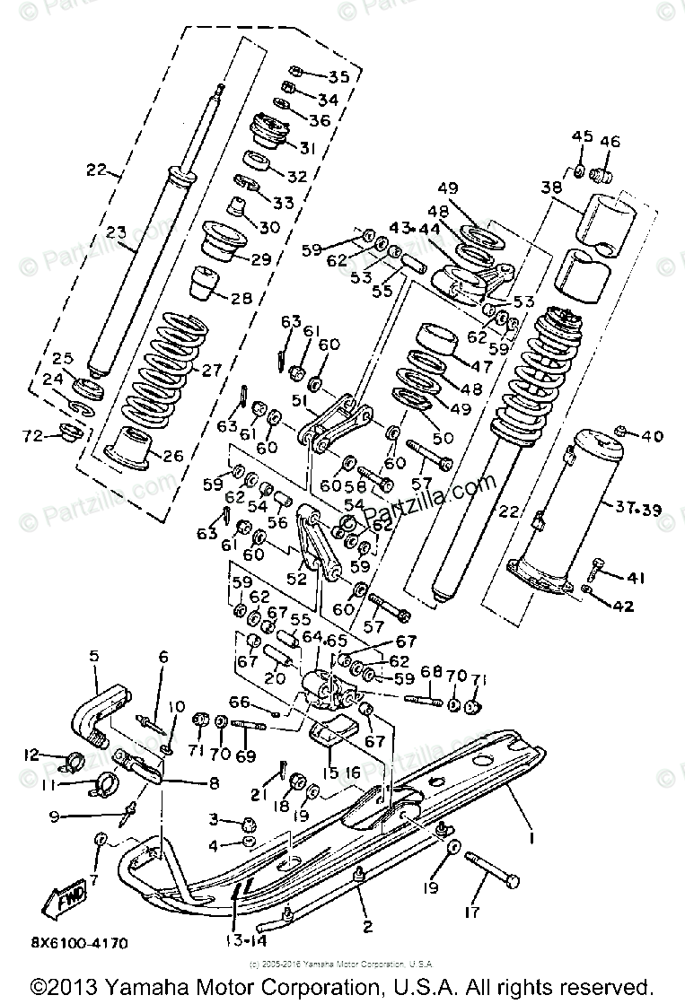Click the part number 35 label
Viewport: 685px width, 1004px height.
coord(313,76)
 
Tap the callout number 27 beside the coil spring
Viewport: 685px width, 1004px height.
coord(235,369)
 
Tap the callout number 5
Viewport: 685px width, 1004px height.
coord(94,657)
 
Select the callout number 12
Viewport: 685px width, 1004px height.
coord(31,755)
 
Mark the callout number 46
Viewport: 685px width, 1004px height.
coord(610,141)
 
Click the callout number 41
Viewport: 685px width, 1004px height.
coord(636,577)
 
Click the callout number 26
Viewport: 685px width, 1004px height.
coord(172,456)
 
